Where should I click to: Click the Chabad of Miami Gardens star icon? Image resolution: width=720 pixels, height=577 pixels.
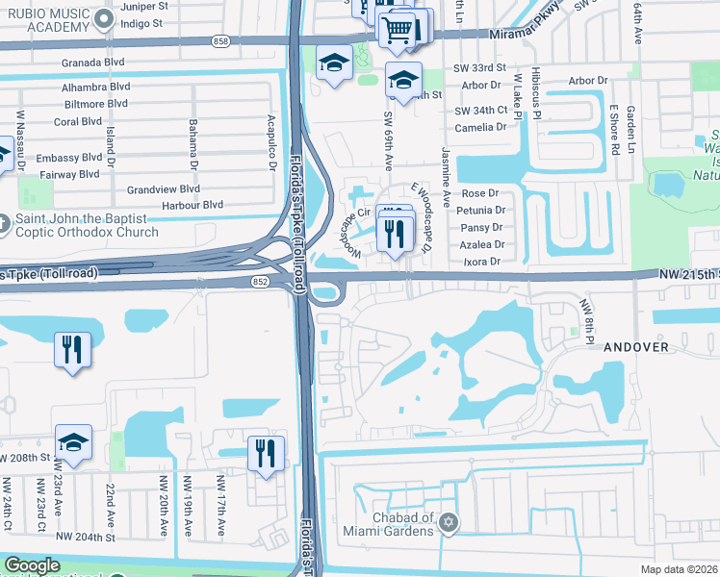point(447,522)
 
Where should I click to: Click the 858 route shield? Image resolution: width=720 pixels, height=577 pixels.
point(222,41)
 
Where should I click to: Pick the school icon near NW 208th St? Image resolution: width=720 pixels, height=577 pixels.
point(73,443)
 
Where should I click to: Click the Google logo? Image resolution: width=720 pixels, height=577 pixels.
point(32,565)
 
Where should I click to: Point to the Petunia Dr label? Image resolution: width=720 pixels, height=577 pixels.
point(482,210)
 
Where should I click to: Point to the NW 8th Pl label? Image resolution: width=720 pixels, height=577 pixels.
point(583,316)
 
